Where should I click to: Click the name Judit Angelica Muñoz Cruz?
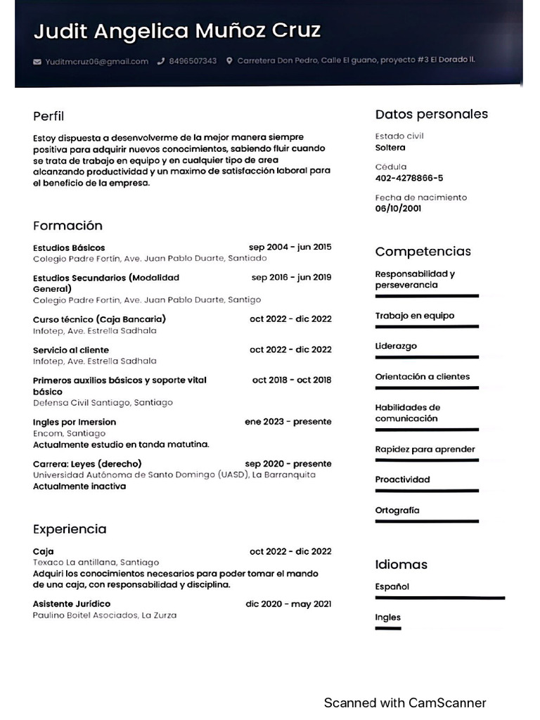pyautogui.click(x=176, y=31)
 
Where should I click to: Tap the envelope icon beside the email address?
pyautogui.click(x=37, y=61)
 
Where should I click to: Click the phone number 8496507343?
pyautogui.click(x=193, y=61)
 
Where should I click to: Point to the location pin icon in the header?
pyautogui.click(x=229, y=61)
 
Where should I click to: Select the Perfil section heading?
pyautogui.click(x=49, y=116)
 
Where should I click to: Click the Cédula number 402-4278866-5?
pyautogui.click(x=409, y=178)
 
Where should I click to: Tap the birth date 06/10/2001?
pyautogui.click(x=398, y=209)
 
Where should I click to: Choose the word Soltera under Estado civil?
pyautogui.click(x=390, y=148)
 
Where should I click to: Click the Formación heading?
pyautogui.click(x=67, y=226)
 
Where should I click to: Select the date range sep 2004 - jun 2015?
pyautogui.click(x=290, y=247)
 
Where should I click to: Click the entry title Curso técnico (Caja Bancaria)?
pyautogui.click(x=99, y=319)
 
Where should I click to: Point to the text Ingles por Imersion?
pyautogui.click(x=75, y=422)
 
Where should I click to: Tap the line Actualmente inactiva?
pyautogui.click(x=79, y=486)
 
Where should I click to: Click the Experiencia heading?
pyautogui.click(x=70, y=529)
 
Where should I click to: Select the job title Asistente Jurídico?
pyautogui.click(x=72, y=603)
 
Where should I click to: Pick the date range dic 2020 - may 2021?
pyautogui.click(x=288, y=603)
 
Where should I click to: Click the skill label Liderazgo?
pyautogui.click(x=396, y=346)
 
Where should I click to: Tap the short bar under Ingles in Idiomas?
pyautogui.click(x=388, y=628)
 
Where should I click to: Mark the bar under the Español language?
pyautogui.click(x=440, y=598)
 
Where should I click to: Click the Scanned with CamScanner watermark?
pyautogui.click(x=405, y=702)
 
